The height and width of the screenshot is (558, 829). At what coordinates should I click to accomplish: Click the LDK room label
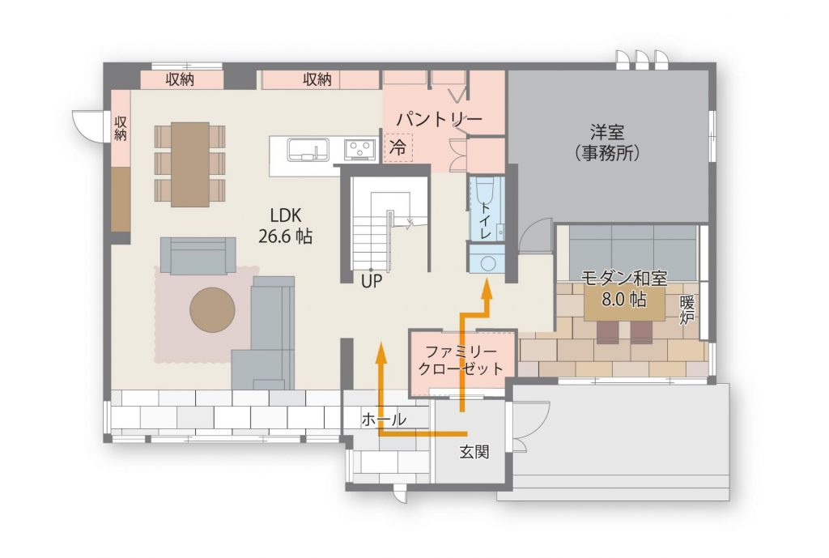(x=286, y=215)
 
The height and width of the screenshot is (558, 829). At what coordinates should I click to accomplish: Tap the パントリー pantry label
(x=440, y=119)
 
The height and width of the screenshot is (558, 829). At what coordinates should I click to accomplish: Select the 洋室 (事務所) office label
(x=607, y=143)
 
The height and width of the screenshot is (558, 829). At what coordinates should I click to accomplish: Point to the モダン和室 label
(x=624, y=278)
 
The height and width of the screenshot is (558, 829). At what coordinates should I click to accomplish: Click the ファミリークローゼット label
(x=461, y=360)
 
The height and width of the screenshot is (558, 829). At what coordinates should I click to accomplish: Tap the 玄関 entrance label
(x=474, y=452)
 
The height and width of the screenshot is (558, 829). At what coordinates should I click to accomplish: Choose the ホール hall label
(x=385, y=420)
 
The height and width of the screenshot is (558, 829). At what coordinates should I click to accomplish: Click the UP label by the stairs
(x=371, y=281)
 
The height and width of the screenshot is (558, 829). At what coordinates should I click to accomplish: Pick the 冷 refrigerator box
(x=398, y=147)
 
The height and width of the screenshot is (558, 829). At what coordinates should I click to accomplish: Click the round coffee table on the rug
(x=213, y=310)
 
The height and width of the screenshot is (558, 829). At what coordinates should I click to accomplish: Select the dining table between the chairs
(x=189, y=164)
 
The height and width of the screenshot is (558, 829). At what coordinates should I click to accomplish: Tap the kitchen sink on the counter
(x=308, y=149)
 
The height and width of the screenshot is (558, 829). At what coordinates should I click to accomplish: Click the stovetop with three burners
(x=360, y=149)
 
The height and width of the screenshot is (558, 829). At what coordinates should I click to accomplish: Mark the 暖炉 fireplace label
(x=687, y=310)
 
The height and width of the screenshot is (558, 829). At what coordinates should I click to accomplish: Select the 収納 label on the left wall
(x=121, y=128)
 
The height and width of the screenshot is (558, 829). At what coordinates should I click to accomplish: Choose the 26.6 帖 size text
(x=286, y=236)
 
